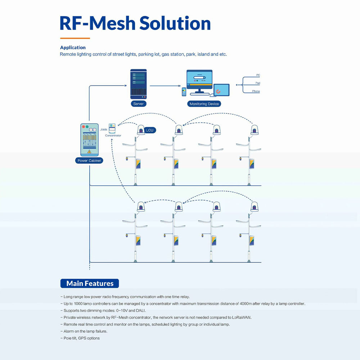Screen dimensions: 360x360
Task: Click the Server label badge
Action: click(139, 104)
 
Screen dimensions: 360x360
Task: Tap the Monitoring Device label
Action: click(204, 104)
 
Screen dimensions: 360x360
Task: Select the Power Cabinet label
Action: click(89, 161)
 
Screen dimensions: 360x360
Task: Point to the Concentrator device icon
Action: click(112, 129)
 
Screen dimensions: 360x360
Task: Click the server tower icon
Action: click(139, 84)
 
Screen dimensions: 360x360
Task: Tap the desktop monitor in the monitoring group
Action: click(199, 82)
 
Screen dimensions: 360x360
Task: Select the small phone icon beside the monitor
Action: click(184, 91)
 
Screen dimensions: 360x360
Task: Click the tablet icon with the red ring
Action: click(221, 90)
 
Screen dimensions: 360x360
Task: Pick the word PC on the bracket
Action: click(258, 75)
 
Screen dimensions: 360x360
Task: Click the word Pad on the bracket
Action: click(258, 83)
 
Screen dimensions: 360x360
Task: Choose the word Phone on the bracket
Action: click(256, 91)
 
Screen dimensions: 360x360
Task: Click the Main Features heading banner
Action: click(90, 283)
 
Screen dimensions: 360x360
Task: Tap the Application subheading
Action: click(73, 48)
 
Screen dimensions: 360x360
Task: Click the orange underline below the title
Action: click(75, 38)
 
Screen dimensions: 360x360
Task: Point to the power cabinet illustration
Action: click(89, 140)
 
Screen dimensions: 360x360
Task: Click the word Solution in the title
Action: click(175, 23)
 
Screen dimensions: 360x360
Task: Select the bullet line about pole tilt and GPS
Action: click(80, 338)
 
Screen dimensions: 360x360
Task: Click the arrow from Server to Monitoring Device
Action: click(165, 86)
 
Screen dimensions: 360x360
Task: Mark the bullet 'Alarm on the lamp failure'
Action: click(84, 331)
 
